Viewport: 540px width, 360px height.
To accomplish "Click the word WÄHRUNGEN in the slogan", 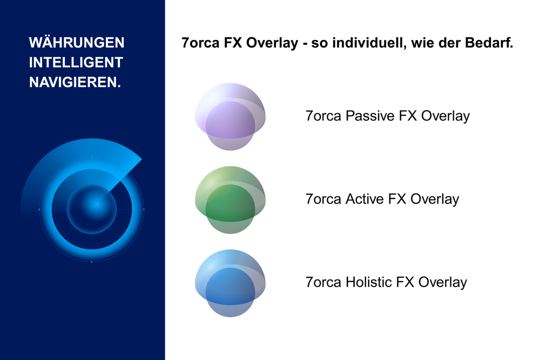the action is [77, 42].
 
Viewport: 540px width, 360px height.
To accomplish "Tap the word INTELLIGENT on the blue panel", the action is [76, 63].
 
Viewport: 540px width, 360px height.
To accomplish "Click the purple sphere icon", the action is [230, 117].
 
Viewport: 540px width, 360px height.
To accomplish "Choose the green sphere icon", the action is [230, 200].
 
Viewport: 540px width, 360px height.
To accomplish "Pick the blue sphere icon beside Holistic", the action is [230, 283].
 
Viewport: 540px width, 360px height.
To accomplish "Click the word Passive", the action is [370, 116].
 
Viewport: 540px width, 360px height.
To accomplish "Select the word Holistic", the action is [369, 282].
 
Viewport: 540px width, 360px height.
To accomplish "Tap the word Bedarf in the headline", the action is [487, 43].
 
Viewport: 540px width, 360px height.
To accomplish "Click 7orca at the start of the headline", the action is [200, 43].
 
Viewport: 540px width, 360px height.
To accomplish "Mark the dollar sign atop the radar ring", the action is [92, 157].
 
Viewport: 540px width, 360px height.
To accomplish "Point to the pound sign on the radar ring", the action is [144, 209].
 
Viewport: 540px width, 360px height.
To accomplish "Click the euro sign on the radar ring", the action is [39, 209].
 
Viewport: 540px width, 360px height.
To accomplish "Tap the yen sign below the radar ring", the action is [92, 262].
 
